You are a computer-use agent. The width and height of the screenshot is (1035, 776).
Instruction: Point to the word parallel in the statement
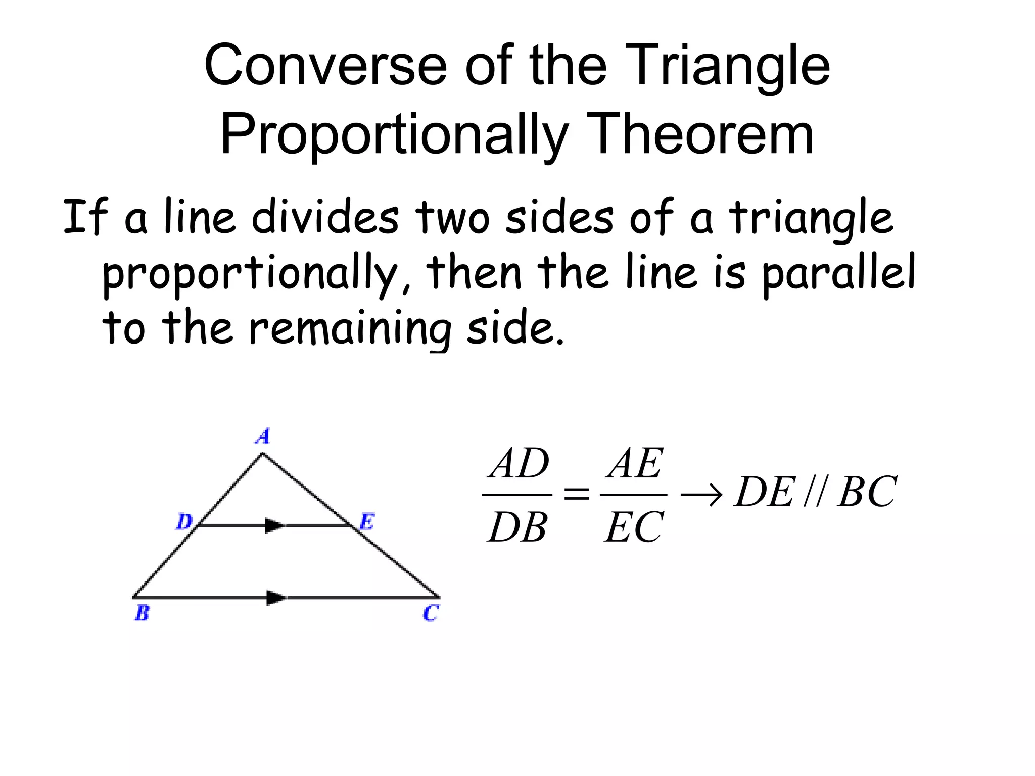[839, 273]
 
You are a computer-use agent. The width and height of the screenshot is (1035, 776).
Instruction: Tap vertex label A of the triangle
[263, 435]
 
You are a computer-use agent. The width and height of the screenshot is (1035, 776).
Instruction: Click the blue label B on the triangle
[142, 613]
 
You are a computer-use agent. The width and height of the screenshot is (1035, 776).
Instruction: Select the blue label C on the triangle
[431, 613]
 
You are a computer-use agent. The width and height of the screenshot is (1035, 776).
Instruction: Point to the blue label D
[184, 521]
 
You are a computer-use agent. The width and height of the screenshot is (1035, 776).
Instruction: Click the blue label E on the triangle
[366, 521]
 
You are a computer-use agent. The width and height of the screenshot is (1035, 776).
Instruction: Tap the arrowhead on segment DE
[275, 525]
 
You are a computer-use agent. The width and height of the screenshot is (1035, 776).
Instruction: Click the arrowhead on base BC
[276, 598]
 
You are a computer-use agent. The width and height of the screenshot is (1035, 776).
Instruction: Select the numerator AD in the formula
[519, 464]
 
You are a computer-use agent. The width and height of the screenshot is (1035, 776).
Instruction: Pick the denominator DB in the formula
[517, 527]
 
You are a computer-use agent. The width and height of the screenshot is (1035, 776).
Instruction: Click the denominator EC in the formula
[634, 527]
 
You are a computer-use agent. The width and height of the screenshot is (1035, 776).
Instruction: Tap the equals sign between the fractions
[576, 493]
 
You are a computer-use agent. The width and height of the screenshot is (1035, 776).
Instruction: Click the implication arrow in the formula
[701, 493]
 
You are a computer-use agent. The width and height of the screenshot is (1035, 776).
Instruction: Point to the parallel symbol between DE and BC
[814, 492]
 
